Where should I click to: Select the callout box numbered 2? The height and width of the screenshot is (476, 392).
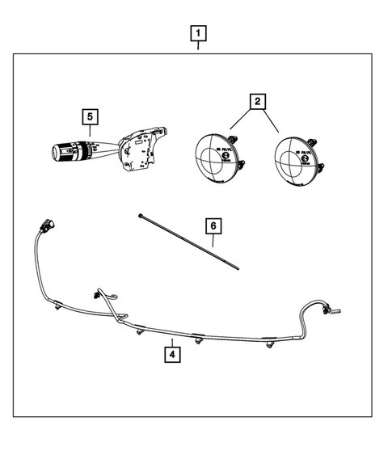(x=256, y=102)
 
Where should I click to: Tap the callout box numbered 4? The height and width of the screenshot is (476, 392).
(x=171, y=352)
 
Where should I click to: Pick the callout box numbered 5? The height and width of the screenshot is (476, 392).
(x=91, y=117)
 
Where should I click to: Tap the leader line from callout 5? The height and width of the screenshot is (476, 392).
(x=92, y=133)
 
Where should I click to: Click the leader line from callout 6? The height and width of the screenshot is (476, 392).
(x=213, y=240)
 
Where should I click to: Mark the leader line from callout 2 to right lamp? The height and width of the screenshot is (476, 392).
(x=272, y=121)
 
